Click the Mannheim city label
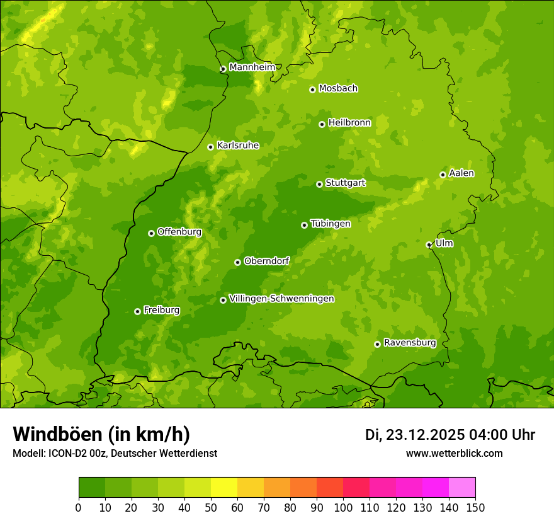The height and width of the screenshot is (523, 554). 252,67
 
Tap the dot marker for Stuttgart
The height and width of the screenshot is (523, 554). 319,184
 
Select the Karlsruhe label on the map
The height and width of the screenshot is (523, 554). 238,146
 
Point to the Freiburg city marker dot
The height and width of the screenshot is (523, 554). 137,311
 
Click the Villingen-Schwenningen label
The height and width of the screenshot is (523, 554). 281,299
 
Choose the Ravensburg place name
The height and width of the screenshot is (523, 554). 410,343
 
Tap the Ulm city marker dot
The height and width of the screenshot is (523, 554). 429,244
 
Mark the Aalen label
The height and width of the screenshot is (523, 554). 461,173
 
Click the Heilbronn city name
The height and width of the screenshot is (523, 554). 349,123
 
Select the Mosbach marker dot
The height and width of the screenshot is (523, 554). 312,89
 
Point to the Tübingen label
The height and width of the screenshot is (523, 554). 331,224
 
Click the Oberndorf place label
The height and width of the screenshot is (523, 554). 266,261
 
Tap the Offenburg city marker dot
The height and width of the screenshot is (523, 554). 151,233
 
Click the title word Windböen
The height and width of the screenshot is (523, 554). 57,435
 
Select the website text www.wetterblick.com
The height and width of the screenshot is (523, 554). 454,454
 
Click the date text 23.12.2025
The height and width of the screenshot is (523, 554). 425,435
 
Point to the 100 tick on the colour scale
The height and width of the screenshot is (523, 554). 343,507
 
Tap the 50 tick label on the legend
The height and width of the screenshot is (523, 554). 211,507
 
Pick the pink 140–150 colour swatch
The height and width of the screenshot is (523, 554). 462,488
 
